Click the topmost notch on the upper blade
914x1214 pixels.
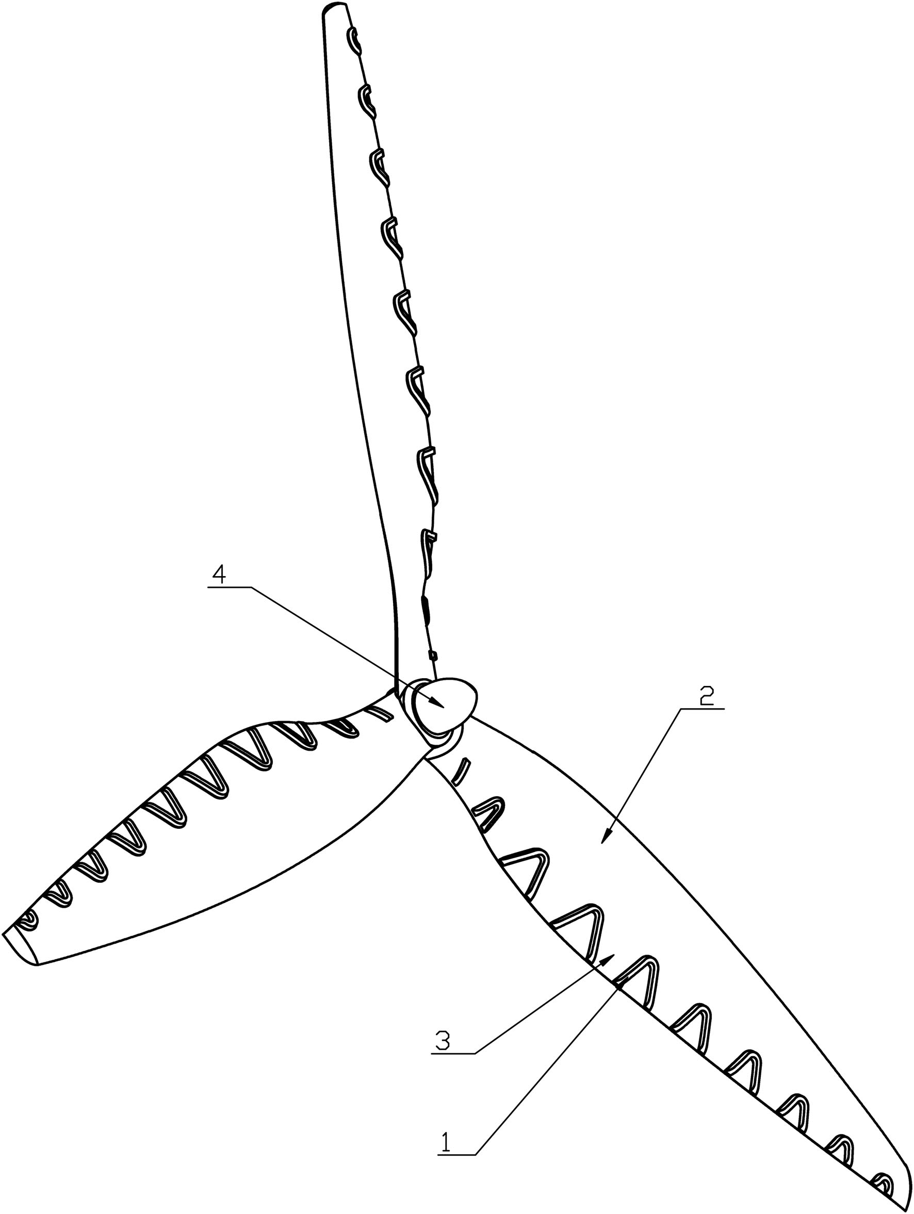pyautogui.click(x=355, y=42)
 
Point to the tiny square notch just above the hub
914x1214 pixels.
pyautogui.click(x=433, y=655)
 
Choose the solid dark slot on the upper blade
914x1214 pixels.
pyautogui.click(x=425, y=609)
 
